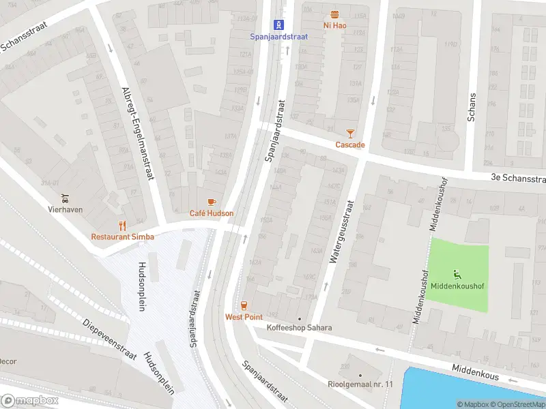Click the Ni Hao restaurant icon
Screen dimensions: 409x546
(x=334, y=14)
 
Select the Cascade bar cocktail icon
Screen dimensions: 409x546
(x=350, y=134)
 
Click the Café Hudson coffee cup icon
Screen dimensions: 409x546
(x=212, y=202)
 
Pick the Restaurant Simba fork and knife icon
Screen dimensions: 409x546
(x=123, y=225)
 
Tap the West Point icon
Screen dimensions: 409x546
(x=244, y=305)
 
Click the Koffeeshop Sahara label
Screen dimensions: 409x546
(x=299, y=328)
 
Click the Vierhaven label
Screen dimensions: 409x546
(x=65, y=209)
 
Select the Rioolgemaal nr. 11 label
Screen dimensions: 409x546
(x=360, y=384)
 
